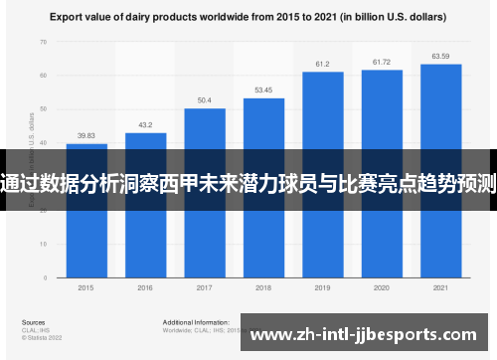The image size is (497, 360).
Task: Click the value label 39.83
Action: click(x=86, y=136)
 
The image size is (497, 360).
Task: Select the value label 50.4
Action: click(x=204, y=100)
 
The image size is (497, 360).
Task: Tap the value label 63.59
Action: click(x=440, y=56)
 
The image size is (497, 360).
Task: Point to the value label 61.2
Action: click(x=322, y=64)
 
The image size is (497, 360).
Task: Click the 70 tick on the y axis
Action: click(x=43, y=42)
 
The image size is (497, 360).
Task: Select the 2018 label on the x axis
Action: click(x=263, y=288)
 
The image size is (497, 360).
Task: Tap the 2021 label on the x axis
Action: click(x=440, y=288)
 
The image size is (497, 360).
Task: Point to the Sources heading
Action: click(x=33, y=323)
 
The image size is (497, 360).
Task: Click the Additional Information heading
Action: click(x=191, y=323)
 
